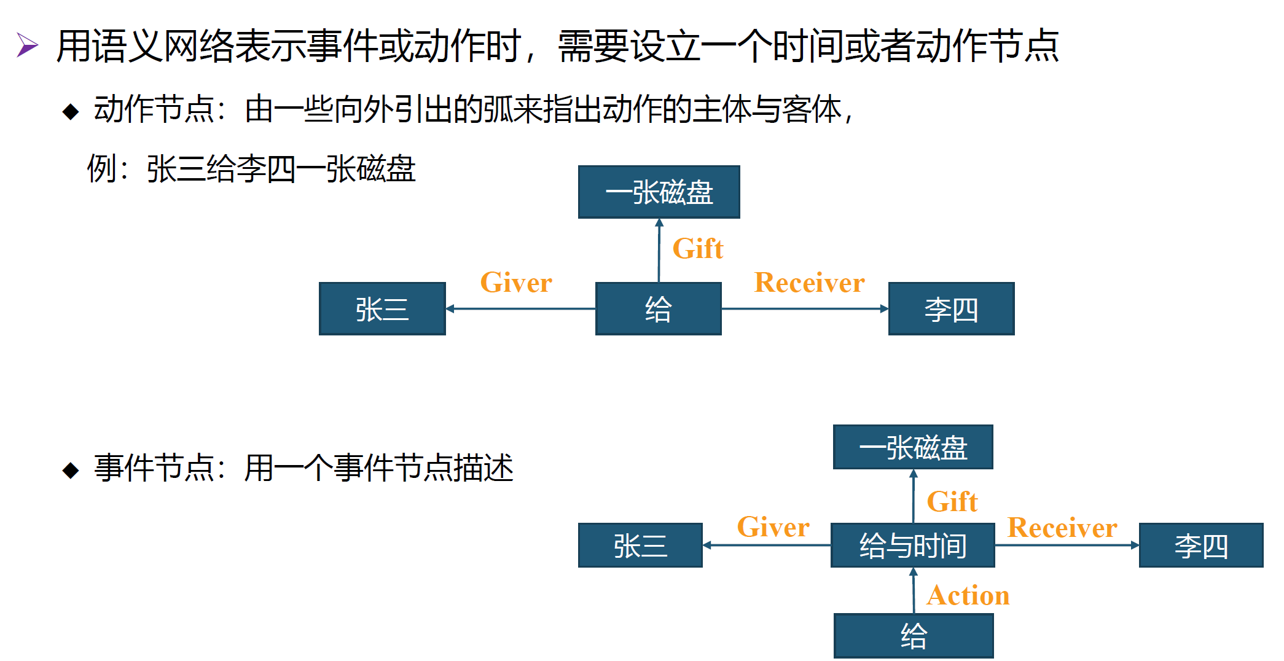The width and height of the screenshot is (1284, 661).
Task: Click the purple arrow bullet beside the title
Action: point(27,45)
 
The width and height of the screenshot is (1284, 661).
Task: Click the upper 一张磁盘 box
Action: point(659,192)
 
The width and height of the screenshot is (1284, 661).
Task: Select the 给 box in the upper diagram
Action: point(658,309)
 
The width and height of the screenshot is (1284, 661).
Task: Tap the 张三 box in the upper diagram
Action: point(382,309)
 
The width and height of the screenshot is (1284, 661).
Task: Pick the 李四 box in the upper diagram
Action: point(951,309)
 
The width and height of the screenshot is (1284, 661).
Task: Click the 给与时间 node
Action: point(912,546)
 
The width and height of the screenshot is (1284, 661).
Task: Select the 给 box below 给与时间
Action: point(913,636)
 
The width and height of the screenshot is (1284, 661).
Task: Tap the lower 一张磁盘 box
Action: point(913,447)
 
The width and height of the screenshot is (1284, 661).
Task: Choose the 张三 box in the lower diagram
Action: point(640,546)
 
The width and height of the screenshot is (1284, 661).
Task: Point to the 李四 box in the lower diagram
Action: point(1200,546)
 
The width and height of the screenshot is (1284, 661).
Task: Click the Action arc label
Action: point(968,595)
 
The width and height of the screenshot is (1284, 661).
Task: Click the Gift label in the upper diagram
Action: point(698,249)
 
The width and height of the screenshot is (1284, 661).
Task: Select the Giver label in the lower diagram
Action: point(773,527)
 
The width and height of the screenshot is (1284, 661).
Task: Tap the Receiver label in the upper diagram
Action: point(809,283)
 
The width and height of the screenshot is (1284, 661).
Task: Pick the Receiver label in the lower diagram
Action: point(1062,528)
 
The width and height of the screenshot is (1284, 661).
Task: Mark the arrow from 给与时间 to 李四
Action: point(1067,545)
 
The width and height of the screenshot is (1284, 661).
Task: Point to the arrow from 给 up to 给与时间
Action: point(914,590)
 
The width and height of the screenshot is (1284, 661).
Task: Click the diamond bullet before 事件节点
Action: point(71,471)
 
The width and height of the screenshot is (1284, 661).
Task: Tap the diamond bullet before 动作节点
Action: point(71,111)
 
